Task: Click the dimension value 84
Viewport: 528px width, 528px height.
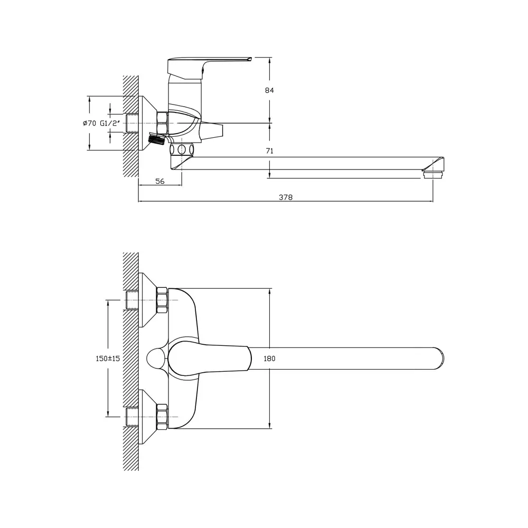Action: click(x=269, y=90)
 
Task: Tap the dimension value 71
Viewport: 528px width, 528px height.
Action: click(x=269, y=151)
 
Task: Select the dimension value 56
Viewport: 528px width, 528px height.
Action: click(x=160, y=181)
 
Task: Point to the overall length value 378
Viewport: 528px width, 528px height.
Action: click(x=286, y=197)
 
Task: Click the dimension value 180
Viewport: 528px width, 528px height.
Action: click(x=269, y=359)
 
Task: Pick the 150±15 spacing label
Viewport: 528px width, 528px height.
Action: click(x=108, y=359)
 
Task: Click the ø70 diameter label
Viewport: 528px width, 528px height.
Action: click(x=90, y=123)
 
